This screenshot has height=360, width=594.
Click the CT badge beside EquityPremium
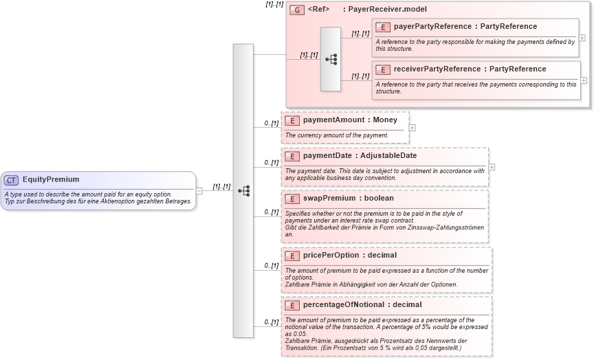click(x=11, y=180)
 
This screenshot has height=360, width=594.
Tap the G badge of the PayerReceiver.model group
click(x=297, y=10)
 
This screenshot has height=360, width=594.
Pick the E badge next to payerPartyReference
click(x=383, y=27)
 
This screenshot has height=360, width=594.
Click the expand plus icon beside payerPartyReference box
click(x=582, y=38)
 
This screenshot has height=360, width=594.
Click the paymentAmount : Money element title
click(x=350, y=120)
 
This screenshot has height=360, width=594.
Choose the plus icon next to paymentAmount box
click(x=412, y=127)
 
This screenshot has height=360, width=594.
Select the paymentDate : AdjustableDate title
click(x=360, y=156)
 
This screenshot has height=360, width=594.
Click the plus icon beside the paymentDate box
click(x=492, y=167)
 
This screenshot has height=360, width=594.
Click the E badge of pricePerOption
click(x=292, y=256)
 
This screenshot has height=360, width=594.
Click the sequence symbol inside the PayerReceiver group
click(x=331, y=60)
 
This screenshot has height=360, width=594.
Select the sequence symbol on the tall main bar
click(x=243, y=190)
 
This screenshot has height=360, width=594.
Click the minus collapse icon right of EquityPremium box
click(x=199, y=191)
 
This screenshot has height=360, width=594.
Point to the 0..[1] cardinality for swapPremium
click(x=271, y=212)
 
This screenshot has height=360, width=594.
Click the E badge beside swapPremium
click(x=292, y=199)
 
